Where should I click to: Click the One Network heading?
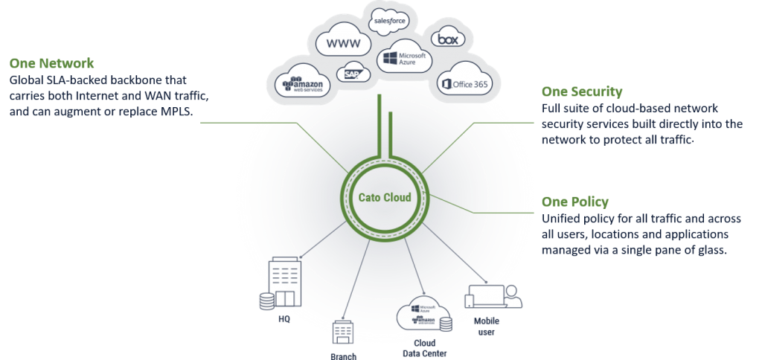tap(52, 63)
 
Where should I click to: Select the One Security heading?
tap(582, 91)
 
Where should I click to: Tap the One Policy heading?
tap(575, 202)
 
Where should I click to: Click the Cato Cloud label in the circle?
tap(385, 197)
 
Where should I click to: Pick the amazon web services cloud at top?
tap(302, 84)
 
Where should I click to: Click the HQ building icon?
tap(281, 285)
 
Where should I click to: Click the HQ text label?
tap(284, 320)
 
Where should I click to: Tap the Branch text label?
tap(344, 356)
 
